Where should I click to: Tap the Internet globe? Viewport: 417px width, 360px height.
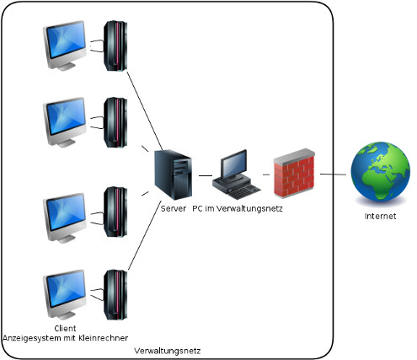point(379,173)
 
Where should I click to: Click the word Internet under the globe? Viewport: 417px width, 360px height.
point(379,216)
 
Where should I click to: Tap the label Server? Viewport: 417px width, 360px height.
point(173,207)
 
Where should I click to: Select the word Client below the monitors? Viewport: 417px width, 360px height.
point(65,328)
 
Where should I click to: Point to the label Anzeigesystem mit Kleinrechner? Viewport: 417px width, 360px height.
point(65,338)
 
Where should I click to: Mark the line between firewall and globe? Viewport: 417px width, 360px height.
point(337,175)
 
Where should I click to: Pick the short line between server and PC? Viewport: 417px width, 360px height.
point(205,175)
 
